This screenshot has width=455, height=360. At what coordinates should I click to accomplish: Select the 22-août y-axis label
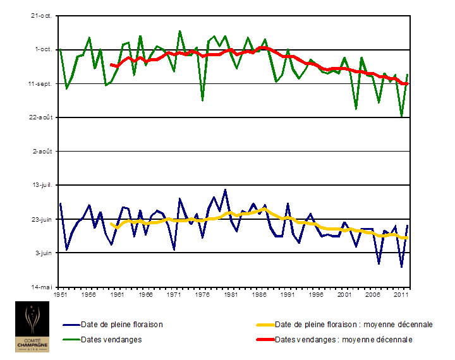coord(42,117)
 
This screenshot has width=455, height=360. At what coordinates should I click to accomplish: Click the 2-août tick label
coord(44,152)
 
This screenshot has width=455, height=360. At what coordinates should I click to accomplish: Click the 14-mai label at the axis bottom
coord(43,287)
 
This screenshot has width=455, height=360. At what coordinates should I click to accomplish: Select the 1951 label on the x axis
coord(61,294)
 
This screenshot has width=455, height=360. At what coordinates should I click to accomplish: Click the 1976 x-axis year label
coord(203,294)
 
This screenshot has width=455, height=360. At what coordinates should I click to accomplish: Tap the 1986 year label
coord(260,294)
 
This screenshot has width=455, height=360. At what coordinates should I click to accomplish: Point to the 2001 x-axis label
coord(344,294)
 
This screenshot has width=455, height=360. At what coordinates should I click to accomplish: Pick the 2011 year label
coord(401,294)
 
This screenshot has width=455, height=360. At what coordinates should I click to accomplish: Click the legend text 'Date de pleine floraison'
coord(122,325)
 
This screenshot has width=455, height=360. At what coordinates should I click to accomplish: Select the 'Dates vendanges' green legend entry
coord(111,339)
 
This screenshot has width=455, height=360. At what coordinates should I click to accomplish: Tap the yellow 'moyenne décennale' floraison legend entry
coord(354,325)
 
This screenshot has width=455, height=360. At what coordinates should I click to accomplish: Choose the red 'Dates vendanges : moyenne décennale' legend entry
coord(344,339)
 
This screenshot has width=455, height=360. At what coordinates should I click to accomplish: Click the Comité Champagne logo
coord(34,327)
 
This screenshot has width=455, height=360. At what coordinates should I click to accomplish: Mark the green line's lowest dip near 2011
coord(401,116)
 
